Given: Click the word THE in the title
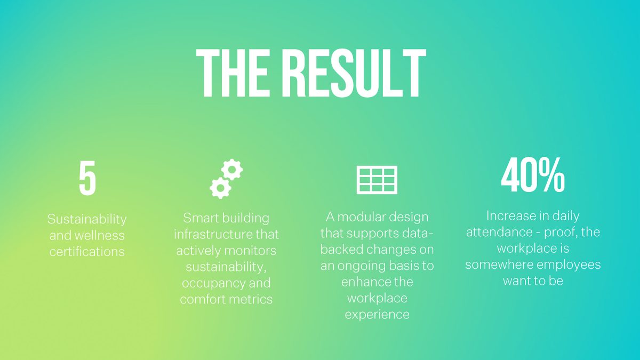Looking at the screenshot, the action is (x=233, y=73).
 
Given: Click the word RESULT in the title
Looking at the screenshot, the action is (x=355, y=73).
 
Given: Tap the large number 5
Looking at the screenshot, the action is (x=87, y=178).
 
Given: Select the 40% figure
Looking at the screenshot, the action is (x=533, y=175).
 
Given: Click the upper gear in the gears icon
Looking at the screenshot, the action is (x=232, y=170).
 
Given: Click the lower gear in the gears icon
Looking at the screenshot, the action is (x=220, y=188).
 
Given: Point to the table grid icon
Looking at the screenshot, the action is (x=377, y=180).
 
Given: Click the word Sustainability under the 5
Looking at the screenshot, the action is (x=87, y=219).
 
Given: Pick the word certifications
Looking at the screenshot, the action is (x=87, y=252).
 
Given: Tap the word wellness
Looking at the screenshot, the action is (x=99, y=235).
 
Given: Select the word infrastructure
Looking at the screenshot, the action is (x=213, y=234).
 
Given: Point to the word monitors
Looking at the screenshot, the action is (x=250, y=251).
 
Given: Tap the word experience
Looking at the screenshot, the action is (x=377, y=315).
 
